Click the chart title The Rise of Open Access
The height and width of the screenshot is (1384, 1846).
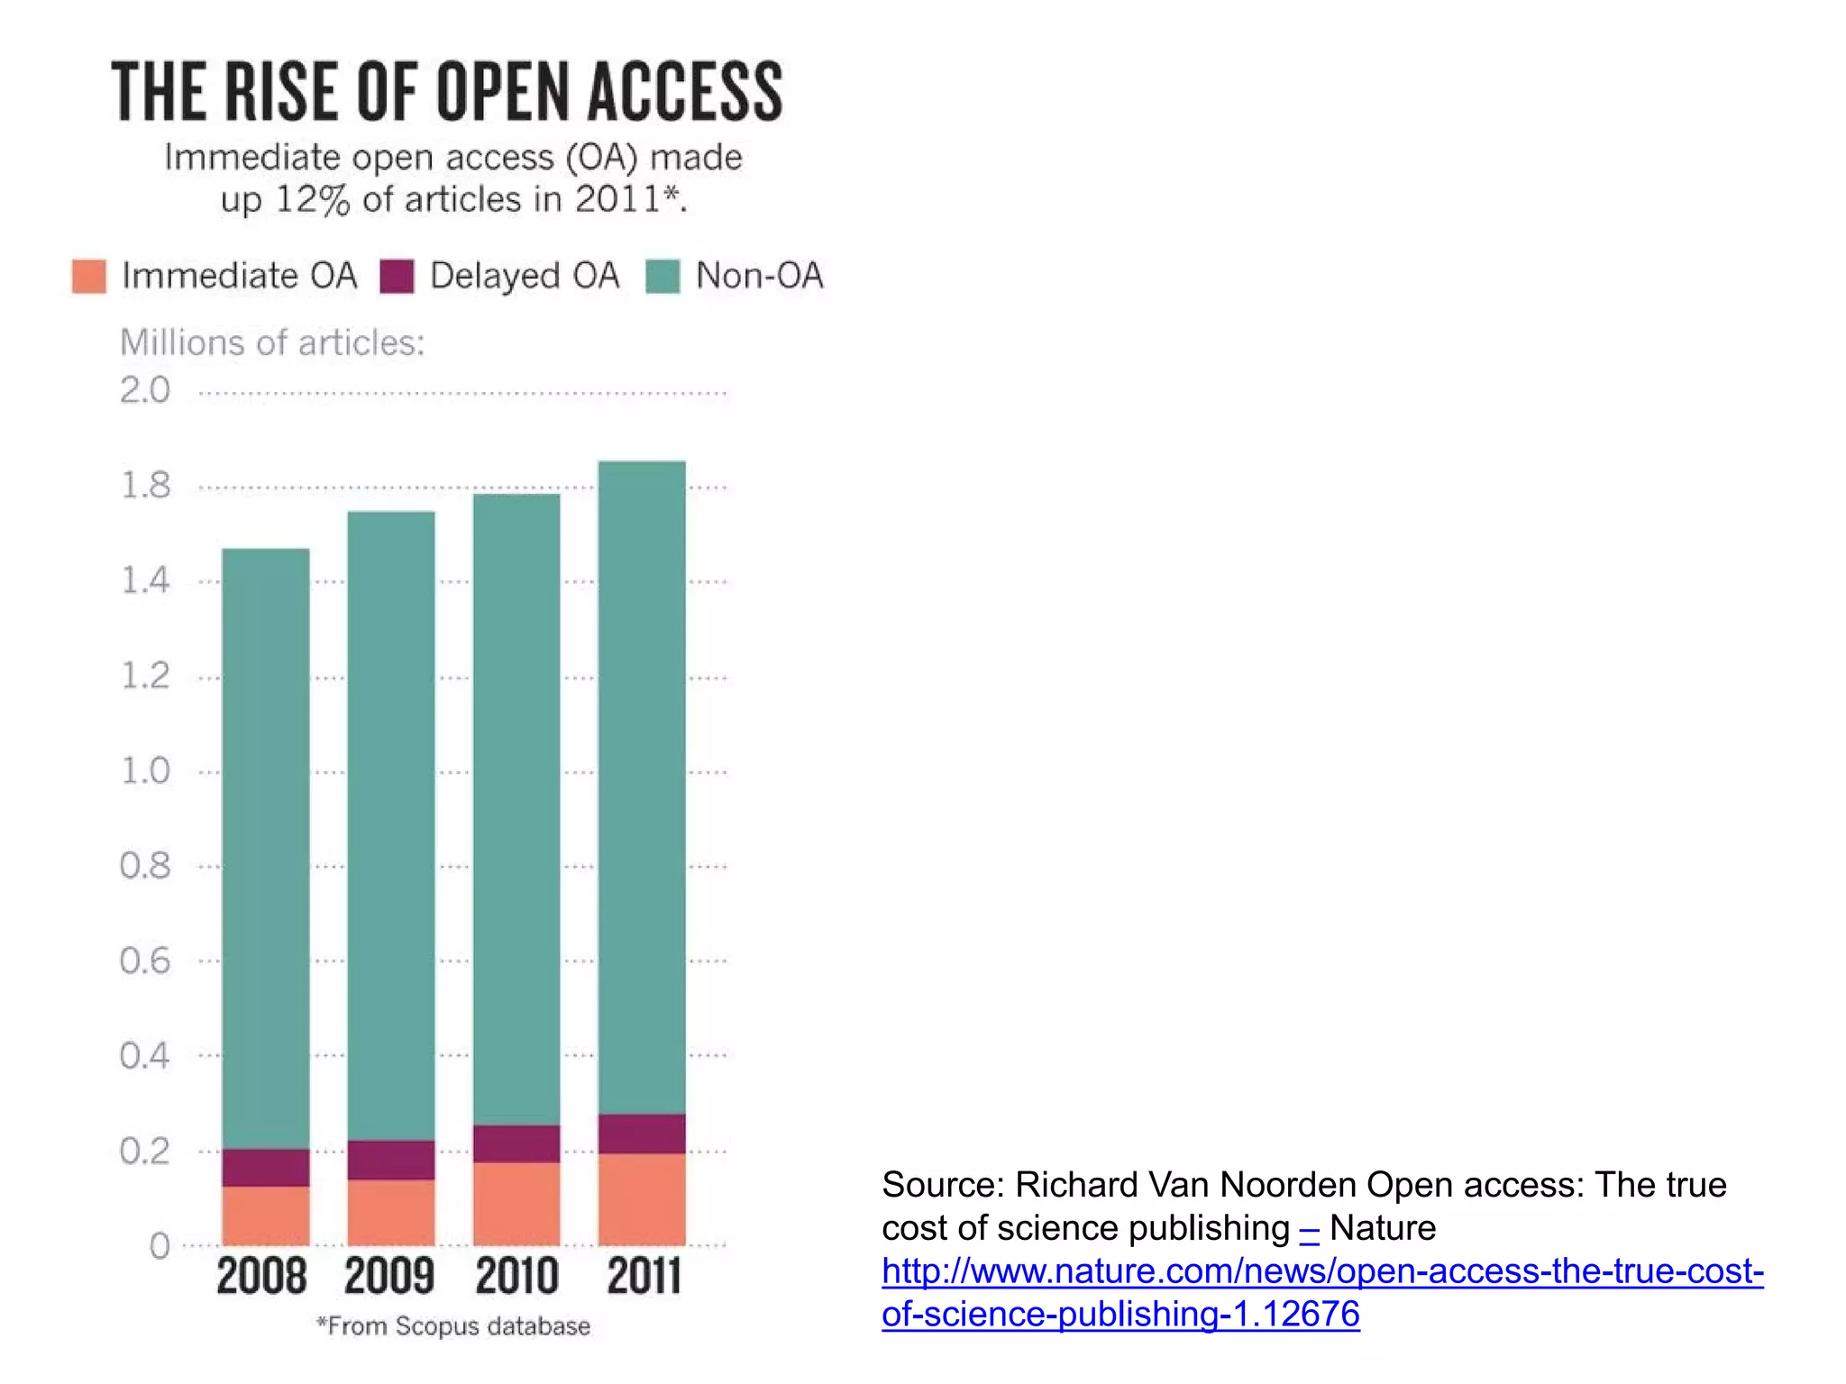coord(447,92)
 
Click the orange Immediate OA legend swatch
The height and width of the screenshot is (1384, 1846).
coord(89,276)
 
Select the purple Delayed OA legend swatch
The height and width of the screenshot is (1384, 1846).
coord(397,276)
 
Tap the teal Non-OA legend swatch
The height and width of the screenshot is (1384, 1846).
coord(663,276)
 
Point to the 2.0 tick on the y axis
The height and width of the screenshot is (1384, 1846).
coord(145,390)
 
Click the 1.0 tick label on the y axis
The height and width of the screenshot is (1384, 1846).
coord(145,771)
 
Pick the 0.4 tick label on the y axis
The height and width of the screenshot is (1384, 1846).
coord(145,1055)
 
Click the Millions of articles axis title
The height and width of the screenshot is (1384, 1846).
coord(272,342)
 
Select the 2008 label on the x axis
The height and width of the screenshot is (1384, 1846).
coord(261,1276)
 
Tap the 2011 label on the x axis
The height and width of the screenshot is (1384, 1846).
coord(643,1276)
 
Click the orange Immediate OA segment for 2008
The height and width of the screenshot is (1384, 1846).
coord(266,1216)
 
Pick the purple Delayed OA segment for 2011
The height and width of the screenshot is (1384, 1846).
coord(642,1134)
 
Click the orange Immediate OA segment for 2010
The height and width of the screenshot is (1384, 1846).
coord(516,1204)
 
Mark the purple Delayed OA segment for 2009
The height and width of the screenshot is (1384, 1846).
coord(391,1160)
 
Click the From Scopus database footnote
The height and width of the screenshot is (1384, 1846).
coord(453,1326)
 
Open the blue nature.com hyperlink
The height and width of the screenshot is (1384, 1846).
coord(1321,1292)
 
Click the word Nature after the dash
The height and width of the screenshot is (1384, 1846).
coord(1382,1228)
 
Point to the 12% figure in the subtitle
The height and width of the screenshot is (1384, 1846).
coord(312,199)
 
